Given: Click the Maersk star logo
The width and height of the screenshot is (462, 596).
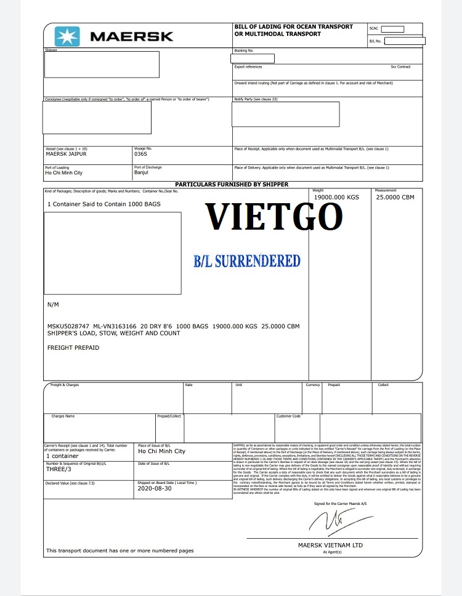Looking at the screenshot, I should (67, 36).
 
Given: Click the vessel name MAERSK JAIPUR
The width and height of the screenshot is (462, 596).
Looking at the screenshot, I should (67, 154).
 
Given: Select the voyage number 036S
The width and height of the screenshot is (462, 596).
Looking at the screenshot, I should (141, 154).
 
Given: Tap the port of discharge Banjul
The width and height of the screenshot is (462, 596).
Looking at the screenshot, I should (142, 172).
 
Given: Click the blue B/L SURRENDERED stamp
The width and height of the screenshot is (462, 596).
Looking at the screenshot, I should (247, 260).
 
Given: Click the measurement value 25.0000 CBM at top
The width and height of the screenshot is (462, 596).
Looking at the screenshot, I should (395, 197).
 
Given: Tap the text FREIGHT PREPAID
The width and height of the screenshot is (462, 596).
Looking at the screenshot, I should (73, 348).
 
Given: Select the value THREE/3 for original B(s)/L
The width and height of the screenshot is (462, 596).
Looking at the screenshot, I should (57, 469).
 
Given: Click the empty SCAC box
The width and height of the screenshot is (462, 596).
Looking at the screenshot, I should (393, 29).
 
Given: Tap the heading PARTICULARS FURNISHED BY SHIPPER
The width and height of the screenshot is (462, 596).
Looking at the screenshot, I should (232, 184).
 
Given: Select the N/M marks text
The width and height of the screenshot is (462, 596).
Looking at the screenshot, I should (53, 305).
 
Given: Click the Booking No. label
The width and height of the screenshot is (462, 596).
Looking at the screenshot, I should (243, 50).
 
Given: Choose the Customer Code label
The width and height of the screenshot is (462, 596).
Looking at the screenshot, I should (288, 416).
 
